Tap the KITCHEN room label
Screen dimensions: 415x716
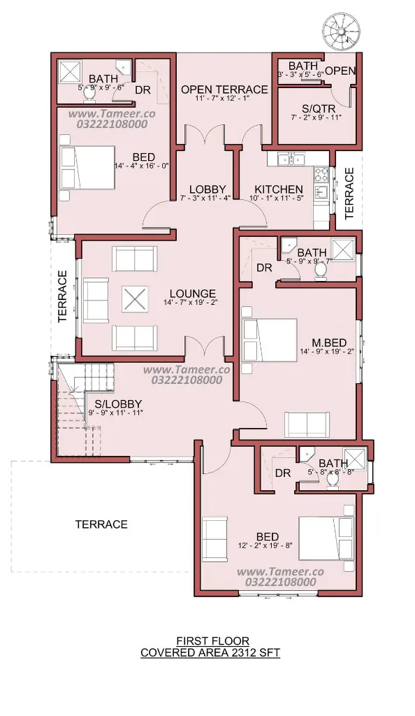(279, 189)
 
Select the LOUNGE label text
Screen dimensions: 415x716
(192, 294)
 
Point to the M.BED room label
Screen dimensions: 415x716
(329, 343)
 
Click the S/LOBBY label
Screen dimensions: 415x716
(118, 404)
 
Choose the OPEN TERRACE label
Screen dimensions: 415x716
(224, 89)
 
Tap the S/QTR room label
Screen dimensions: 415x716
(319, 108)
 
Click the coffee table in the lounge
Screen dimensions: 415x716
(135, 299)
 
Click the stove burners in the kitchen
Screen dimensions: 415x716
(321, 174)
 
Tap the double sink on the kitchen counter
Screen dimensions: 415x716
(291, 159)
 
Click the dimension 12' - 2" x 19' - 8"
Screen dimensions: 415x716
(265, 545)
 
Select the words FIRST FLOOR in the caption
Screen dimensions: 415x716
(212, 642)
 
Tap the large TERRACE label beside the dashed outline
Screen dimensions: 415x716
(101, 524)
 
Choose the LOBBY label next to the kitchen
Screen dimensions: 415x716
(207, 189)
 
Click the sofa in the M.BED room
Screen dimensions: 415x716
(307, 424)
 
